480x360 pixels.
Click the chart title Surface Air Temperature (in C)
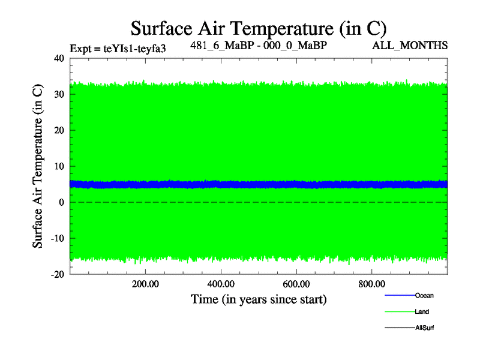coord(259,29)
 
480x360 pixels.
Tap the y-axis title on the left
coord(37,166)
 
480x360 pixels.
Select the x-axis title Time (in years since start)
coord(259,299)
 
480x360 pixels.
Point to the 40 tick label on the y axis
coord(58,58)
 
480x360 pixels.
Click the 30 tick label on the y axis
coord(58,94)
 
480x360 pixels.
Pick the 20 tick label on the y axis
coord(58,130)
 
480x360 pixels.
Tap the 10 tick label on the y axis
coord(58,166)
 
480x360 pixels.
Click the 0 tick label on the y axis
coord(61,202)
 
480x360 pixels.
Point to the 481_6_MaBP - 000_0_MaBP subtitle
coord(259,45)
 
